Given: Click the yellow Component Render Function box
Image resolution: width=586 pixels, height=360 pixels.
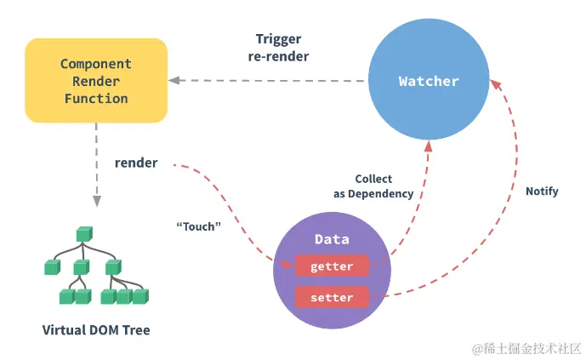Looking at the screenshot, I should (x=95, y=81).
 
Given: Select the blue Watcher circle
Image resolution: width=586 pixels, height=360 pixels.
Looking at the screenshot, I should (x=428, y=82).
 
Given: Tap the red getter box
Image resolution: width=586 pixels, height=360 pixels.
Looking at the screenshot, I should (x=332, y=266).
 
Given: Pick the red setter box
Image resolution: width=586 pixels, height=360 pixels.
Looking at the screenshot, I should (x=332, y=297).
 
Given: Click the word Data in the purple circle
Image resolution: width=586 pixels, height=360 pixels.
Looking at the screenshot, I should (x=332, y=240).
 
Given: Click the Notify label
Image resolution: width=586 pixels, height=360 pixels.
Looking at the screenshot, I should (x=542, y=191).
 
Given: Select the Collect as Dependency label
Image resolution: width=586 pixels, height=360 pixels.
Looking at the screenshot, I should (x=373, y=186).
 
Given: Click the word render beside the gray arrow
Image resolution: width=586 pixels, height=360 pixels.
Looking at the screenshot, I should (x=136, y=162).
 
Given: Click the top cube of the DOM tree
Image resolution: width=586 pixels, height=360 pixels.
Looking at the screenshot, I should (x=82, y=233).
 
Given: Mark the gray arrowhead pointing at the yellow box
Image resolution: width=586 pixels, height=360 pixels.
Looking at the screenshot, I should (x=174, y=81).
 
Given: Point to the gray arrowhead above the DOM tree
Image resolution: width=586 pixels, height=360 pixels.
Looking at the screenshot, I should (x=96, y=201).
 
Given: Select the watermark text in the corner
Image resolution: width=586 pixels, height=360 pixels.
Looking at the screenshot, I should (x=518, y=347).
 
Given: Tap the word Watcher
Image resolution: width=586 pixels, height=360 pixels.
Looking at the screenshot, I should (x=429, y=82).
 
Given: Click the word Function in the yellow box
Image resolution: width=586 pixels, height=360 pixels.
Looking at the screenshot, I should (x=95, y=98).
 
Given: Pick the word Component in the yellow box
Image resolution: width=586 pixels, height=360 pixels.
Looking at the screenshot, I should (x=95, y=64).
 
